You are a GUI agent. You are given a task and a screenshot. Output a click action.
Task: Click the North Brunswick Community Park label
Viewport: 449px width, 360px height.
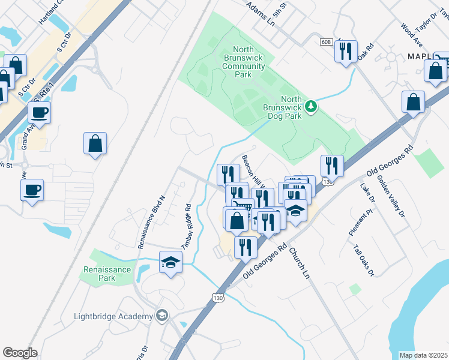[243, 62]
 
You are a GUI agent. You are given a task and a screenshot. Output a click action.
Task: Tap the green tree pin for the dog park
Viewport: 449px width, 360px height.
[311, 107]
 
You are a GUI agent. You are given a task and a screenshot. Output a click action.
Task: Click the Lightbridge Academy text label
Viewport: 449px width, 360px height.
[113, 316]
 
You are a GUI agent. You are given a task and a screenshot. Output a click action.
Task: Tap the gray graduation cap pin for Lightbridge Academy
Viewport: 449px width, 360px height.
[161, 315]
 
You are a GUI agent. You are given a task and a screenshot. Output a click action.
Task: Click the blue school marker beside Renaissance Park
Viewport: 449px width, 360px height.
[170, 263]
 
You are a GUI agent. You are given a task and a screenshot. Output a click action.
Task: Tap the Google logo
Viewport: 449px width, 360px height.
[20, 353]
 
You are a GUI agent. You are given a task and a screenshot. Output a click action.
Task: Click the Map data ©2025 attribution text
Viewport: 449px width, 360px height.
[423, 355]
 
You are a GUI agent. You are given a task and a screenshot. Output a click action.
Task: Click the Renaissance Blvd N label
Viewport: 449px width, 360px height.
[151, 221]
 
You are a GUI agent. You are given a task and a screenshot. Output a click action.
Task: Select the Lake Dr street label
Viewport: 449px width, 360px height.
[367, 191]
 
